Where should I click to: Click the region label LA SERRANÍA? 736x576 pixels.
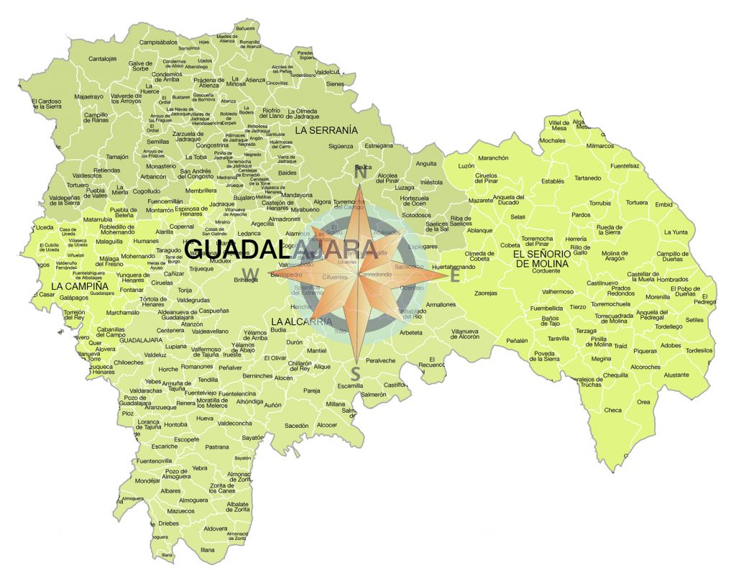[326, 130]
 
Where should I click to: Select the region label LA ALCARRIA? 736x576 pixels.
[302, 321]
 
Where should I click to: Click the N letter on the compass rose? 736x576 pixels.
[362, 173]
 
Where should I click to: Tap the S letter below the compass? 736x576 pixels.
[354, 372]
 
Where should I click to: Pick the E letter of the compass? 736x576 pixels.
[454, 275]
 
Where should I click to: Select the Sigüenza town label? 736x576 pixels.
[341, 146]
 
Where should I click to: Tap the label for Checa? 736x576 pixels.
[612, 410]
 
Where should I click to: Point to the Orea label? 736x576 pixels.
[643, 402]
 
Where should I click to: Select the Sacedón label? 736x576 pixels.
[296, 426]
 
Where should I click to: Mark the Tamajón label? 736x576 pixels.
[116, 156]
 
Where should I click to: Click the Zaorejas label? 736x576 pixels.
[485, 293]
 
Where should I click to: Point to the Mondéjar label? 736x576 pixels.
[147, 480]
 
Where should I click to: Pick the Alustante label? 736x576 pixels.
[676, 375]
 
